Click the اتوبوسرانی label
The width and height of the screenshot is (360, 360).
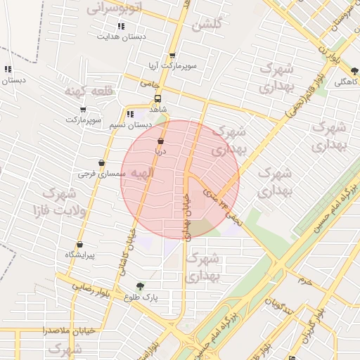click(x=114, y=8)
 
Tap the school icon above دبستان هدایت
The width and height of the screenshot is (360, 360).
click(x=121, y=25)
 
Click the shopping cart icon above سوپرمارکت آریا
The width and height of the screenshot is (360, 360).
click(x=172, y=56)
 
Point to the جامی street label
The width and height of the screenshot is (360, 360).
click(x=149, y=84)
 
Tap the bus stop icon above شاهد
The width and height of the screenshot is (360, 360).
click(x=157, y=99)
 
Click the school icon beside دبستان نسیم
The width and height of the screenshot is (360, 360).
click(x=129, y=115)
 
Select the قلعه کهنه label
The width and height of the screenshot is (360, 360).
click(x=85, y=92)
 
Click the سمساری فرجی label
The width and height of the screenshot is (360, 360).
click(x=102, y=172)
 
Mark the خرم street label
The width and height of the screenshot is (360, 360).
click(x=304, y=281)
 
